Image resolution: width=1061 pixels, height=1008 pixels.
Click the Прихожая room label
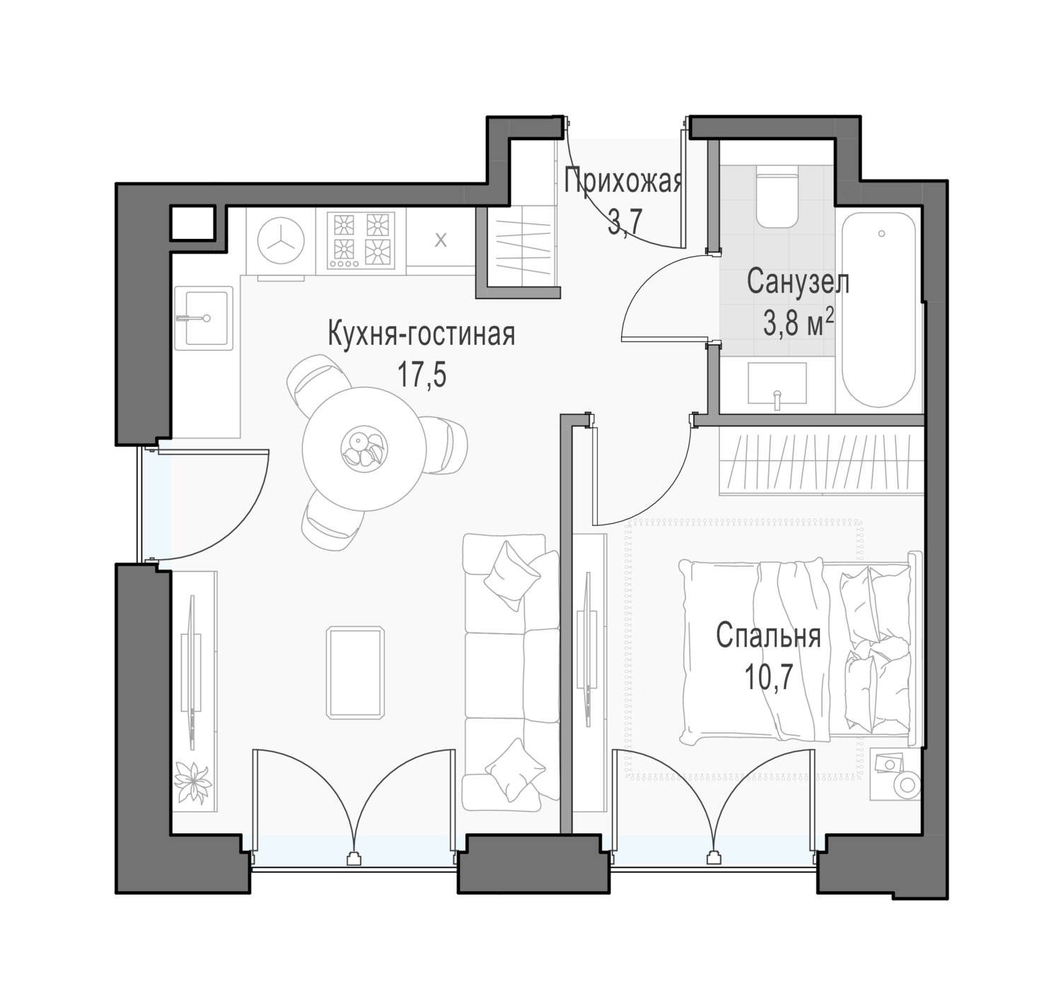point(622,182)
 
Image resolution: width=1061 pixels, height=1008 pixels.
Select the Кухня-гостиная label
point(422,334)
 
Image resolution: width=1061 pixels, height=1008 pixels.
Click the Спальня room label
point(768,636)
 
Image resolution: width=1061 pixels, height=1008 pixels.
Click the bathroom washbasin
point(777,383)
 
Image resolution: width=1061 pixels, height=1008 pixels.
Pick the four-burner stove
point(361,240)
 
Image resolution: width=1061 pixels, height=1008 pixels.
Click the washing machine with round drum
point(281,240)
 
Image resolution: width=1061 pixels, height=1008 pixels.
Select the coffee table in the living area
point(355,672)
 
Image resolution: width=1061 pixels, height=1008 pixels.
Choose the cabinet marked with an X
point(441,240)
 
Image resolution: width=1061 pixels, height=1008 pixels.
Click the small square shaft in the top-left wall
point(192,223)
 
